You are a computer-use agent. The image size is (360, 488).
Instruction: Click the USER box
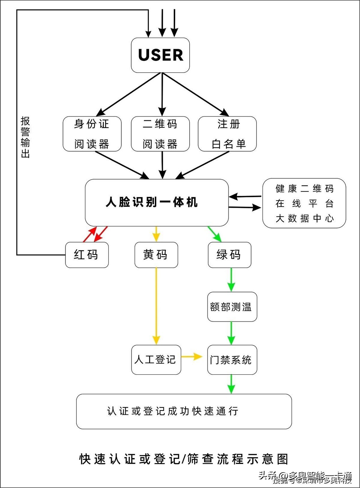160,55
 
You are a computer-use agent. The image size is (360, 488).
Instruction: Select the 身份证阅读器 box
92,134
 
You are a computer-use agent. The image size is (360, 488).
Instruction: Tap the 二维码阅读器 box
160,134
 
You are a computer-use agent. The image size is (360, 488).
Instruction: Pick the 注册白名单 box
227,134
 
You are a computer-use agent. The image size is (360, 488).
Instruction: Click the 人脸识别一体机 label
151,202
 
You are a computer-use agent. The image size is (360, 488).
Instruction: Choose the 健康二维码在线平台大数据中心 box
304,203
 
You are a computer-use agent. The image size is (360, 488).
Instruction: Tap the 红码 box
87,255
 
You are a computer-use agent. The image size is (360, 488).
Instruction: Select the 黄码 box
156,255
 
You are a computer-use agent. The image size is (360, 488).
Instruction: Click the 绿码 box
229,255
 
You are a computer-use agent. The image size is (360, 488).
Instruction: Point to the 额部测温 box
232,307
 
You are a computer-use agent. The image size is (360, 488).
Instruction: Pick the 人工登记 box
156,359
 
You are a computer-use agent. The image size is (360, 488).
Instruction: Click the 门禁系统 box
232,359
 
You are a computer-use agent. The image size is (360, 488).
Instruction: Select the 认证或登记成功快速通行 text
172,411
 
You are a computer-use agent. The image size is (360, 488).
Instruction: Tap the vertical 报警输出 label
25,137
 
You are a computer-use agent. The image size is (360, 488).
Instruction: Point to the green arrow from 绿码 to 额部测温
231,279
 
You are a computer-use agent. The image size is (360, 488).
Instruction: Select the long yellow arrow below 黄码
156,306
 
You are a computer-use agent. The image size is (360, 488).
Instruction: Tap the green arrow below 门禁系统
231,384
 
